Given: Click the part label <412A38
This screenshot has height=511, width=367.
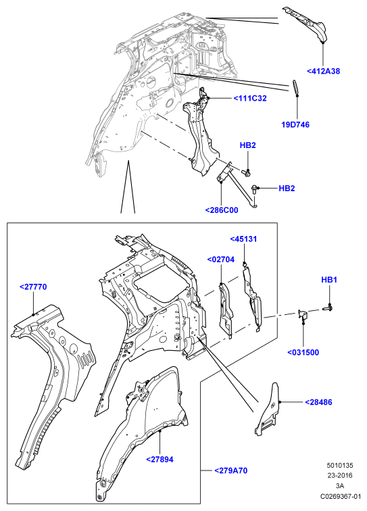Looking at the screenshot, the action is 323,71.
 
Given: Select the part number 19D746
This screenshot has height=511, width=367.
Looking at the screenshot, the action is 295,124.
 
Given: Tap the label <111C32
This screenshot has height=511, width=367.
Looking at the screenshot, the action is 250,98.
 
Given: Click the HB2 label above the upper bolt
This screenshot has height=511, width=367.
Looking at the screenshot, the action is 248,145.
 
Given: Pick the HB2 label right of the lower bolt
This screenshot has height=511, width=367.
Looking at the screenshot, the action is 287,189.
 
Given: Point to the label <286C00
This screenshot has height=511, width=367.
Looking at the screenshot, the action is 222,210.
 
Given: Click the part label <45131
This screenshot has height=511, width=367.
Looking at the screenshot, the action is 243,239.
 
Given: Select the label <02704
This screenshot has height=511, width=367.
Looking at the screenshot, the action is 220,260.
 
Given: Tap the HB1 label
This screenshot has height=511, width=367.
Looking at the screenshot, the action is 329,280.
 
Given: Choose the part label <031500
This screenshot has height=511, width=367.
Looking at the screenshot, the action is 303,352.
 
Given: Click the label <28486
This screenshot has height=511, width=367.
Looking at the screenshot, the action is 318,402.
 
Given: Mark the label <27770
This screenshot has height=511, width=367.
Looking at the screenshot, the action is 33,287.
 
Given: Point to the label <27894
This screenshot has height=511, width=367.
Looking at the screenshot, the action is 160,460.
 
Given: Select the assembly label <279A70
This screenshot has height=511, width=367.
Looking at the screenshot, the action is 230,470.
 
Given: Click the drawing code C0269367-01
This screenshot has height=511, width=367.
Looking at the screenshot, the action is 340,496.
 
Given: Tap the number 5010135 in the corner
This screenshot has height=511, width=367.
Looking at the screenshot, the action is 340,465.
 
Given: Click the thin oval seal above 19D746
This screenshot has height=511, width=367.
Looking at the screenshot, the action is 295,87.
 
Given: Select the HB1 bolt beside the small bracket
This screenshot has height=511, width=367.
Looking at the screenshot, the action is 328,307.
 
